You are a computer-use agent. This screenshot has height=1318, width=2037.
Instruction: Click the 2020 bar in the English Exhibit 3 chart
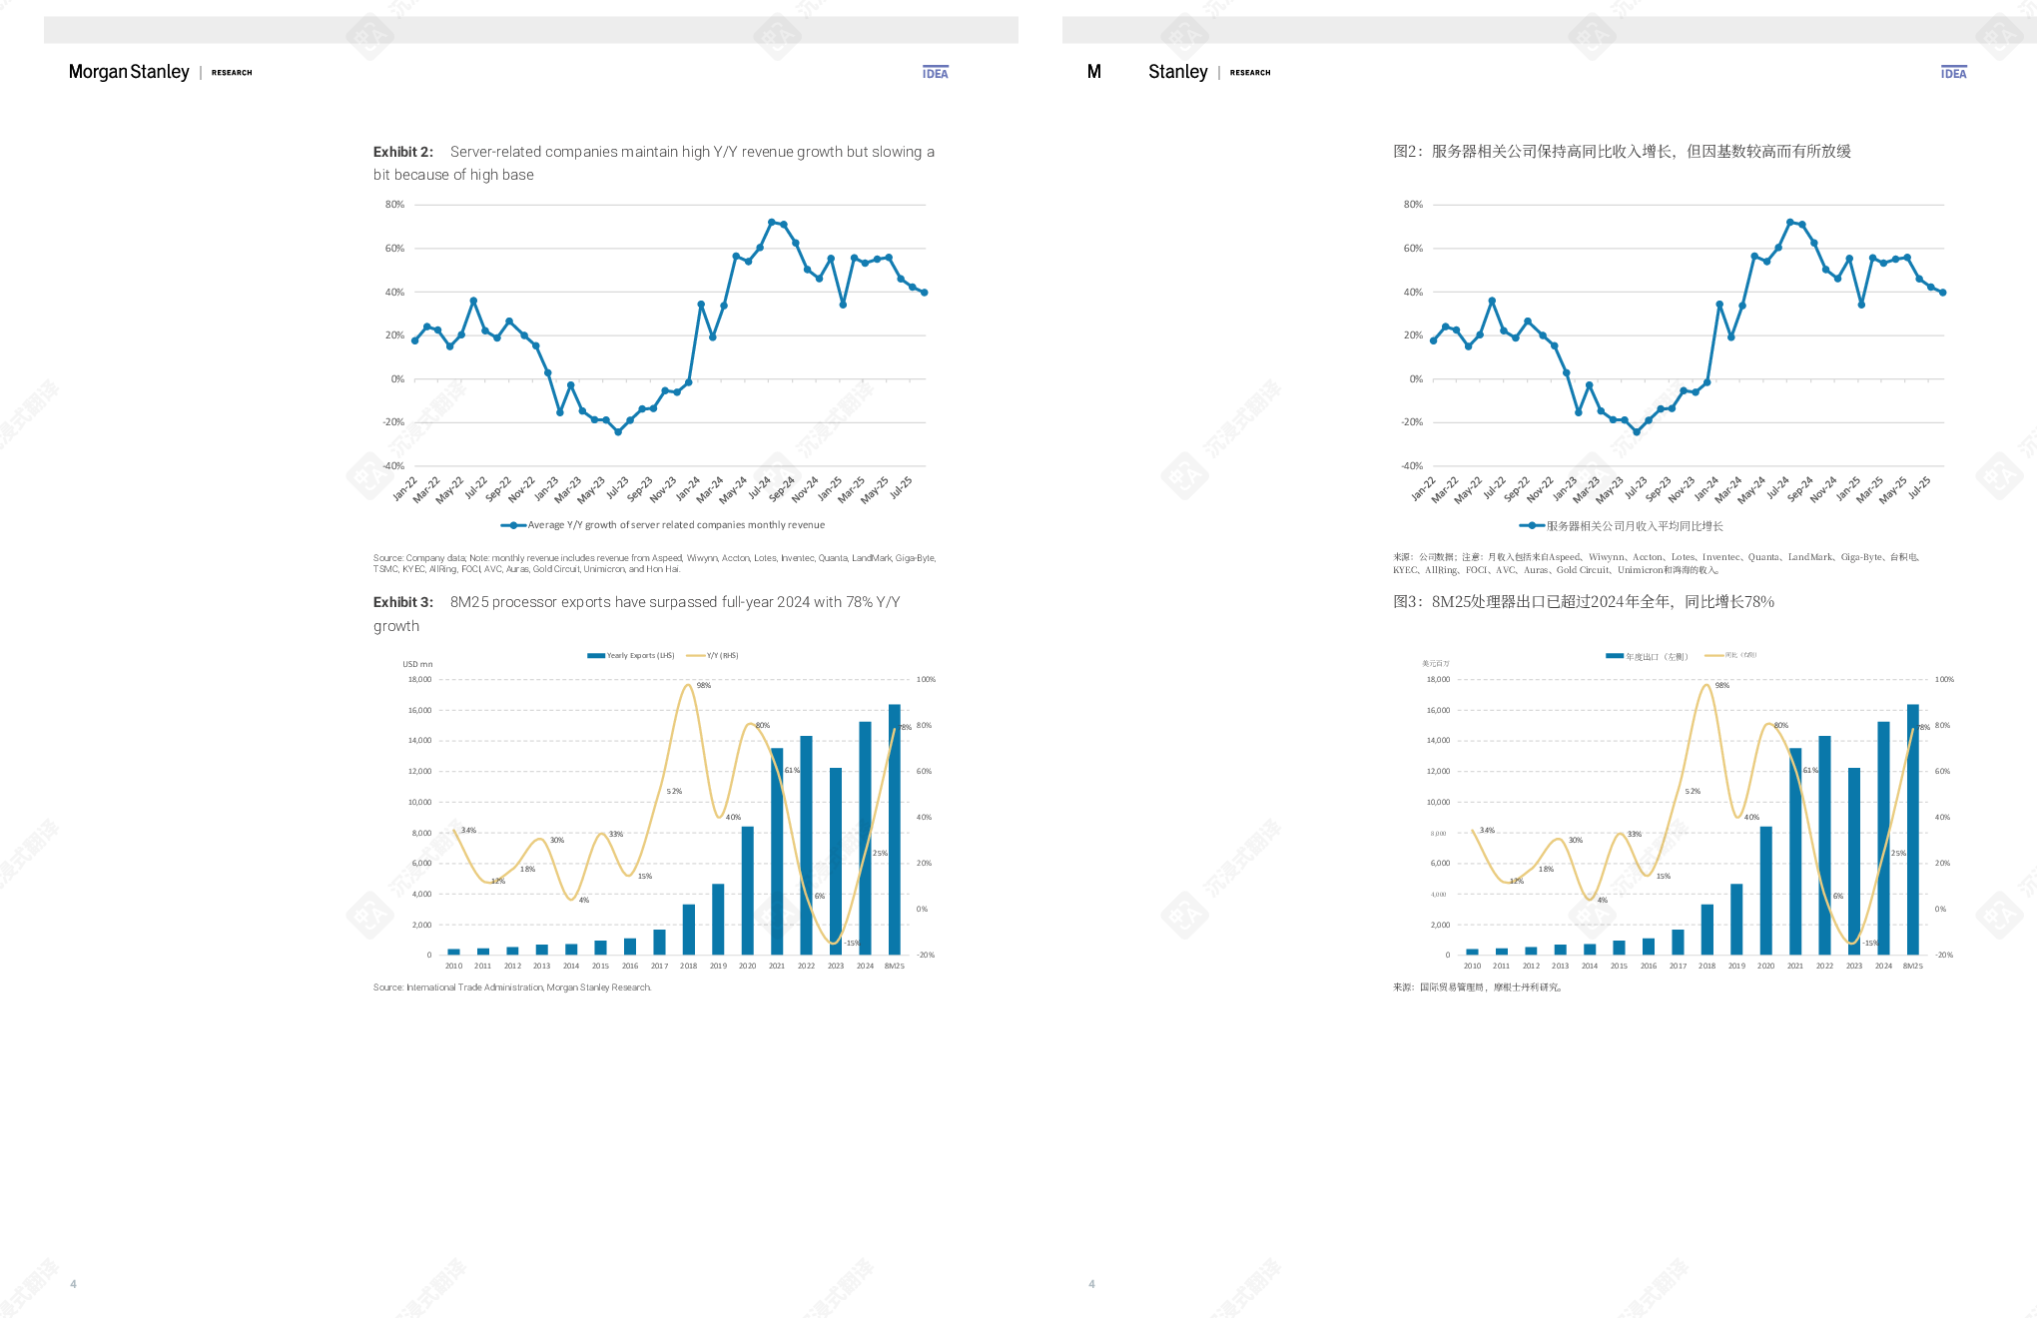[747, 890]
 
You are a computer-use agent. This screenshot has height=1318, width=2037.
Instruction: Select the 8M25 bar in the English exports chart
[895, 829]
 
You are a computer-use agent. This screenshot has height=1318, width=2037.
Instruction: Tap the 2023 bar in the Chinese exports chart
[1854, 861]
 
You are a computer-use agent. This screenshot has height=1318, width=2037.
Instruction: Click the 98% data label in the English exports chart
[704, 686]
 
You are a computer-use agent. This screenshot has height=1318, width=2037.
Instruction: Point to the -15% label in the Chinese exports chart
[1870, 944]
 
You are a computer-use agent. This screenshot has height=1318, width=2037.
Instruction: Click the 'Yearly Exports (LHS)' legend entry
[632, 656]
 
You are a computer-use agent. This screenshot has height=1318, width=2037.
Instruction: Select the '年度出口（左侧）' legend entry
[1648, 657]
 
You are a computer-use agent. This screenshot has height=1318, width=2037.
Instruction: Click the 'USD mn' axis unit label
[417, 664]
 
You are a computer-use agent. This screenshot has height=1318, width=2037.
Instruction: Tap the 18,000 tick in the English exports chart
[419, 680]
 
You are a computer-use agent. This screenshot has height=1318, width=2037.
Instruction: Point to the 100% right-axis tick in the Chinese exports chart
[1944, 680]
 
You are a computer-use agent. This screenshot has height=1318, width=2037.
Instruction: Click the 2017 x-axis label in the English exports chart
[659, 967]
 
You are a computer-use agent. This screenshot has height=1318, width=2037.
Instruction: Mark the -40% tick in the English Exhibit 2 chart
[393, 466]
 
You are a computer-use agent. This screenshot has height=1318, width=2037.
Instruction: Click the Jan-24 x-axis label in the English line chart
[687, 488]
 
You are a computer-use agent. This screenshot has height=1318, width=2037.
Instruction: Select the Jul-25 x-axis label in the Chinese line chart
[1918, 488]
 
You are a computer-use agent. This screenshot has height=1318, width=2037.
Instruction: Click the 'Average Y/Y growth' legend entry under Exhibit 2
[664, 525]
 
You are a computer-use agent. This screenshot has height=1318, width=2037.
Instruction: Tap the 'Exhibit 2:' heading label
[403, 152]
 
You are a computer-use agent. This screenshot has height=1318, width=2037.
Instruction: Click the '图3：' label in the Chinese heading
[1408, 602]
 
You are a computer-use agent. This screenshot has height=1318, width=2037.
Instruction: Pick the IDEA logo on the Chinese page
[1954, 73]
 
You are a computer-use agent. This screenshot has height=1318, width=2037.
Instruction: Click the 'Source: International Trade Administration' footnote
[512, 988]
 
